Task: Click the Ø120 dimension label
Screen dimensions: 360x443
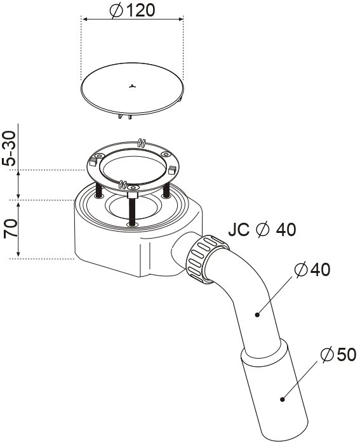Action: point(132,10)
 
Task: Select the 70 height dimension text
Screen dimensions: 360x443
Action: point(10,228)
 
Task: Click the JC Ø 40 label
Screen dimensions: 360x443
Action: point(262,229)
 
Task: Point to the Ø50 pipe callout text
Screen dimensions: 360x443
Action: point(338,354)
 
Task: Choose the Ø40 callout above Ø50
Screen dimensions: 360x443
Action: point(312,270)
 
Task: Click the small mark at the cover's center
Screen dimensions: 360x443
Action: point(132,86)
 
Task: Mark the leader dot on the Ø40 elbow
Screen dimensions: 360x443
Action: point(257,314)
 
